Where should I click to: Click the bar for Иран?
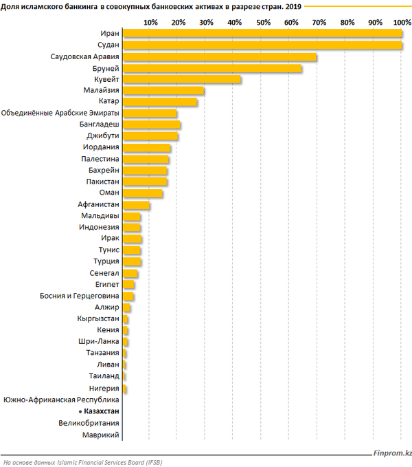[x=261, y=34]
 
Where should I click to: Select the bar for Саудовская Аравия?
[x=220, y=56]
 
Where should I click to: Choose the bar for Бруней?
[x=212, y=68]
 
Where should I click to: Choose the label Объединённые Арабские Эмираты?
[x=61, y=113]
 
